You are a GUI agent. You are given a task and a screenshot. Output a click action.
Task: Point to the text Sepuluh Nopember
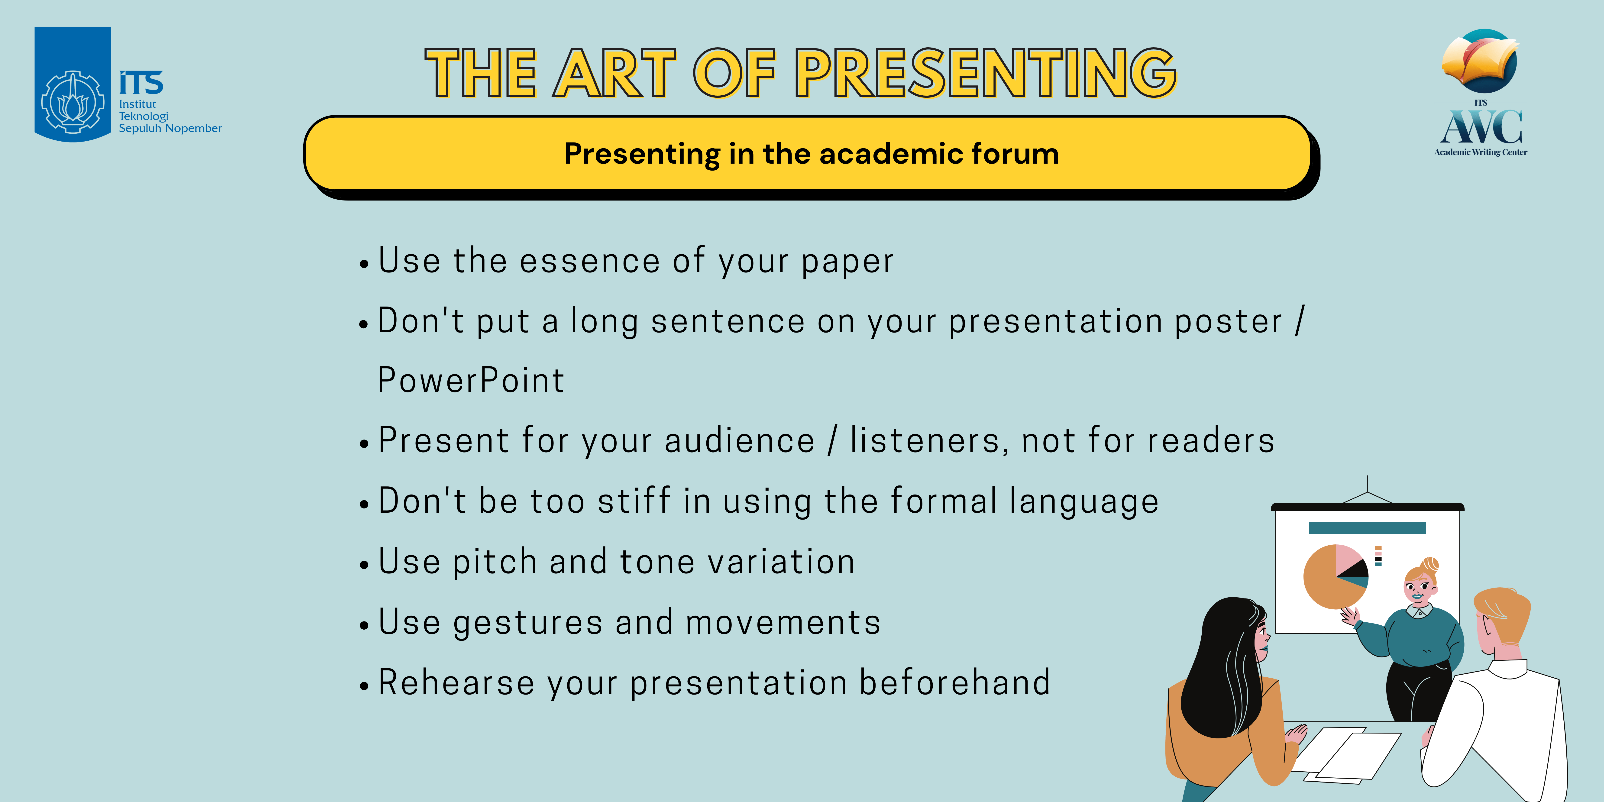pos(170,128)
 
